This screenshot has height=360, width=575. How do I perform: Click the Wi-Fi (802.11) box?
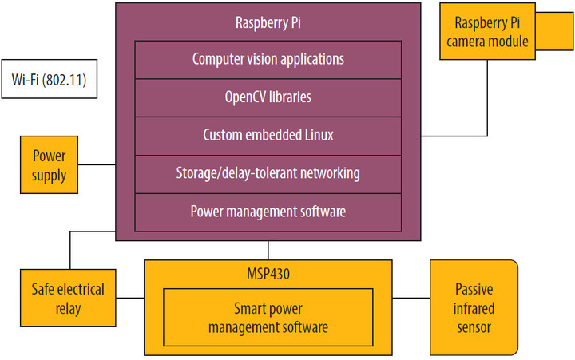click(50, 79)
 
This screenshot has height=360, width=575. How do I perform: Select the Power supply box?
click(50, 164)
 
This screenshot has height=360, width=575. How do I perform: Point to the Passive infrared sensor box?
click(474, 307)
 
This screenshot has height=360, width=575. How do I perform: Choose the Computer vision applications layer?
click(268, 59)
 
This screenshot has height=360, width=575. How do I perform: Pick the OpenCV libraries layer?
click(268, 97)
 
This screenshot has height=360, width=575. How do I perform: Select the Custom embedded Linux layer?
click(268, 136)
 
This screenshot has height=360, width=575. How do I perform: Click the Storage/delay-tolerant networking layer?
click(268, 173)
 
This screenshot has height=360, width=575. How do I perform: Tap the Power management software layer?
click(268, 212)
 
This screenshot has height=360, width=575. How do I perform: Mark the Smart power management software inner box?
click(268, 316)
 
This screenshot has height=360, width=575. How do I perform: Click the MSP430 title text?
click(268, 273)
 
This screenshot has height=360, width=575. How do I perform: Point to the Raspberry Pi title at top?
click(268, 22)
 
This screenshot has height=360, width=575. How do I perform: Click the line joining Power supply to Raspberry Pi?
click(97, 165)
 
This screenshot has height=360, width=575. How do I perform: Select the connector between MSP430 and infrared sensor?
click(411, 298)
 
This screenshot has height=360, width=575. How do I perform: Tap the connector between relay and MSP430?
click(130, 298)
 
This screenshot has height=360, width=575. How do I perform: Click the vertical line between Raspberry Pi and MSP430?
click(268, 249)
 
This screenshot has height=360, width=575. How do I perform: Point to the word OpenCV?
click(244, 97)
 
